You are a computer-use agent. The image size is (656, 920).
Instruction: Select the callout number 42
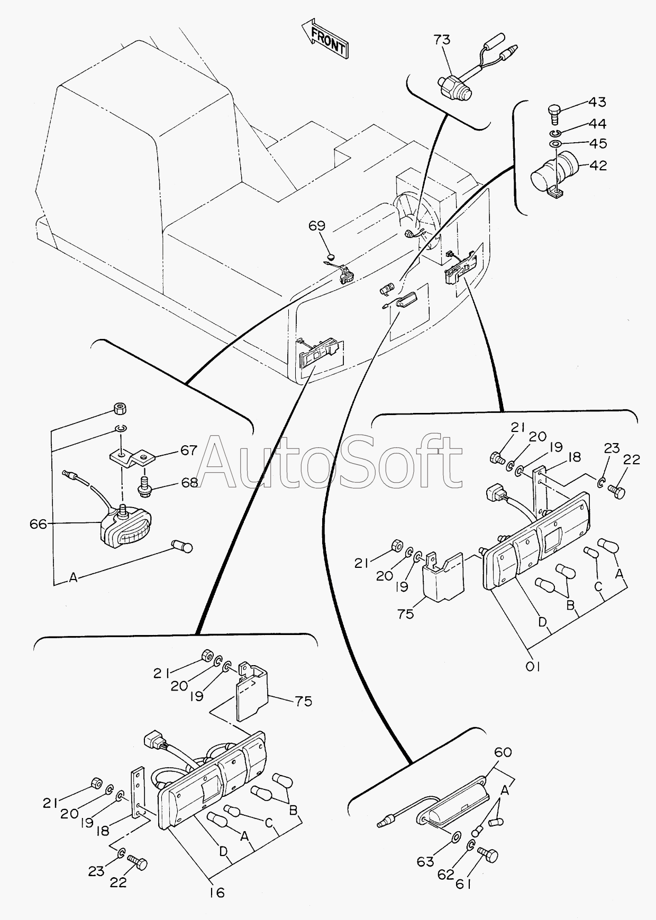[x=598, y=165]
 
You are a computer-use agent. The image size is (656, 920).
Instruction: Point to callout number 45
[x=598, y=144]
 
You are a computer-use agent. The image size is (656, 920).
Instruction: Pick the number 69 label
[x=317, y=226]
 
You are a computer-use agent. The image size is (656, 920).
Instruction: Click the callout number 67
[x=188, y=450]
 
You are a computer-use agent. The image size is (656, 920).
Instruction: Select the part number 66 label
[x=38, y=524]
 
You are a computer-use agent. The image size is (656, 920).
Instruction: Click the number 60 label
[x=503, y=751]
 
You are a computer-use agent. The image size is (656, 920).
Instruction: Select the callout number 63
[x=425, y=862]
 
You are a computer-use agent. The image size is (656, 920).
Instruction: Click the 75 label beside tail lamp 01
[x=406, y=614]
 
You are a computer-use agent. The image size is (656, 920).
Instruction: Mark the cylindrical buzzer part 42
[x=555, y=172]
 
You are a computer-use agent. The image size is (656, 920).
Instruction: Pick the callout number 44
[x=598, y=124]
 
